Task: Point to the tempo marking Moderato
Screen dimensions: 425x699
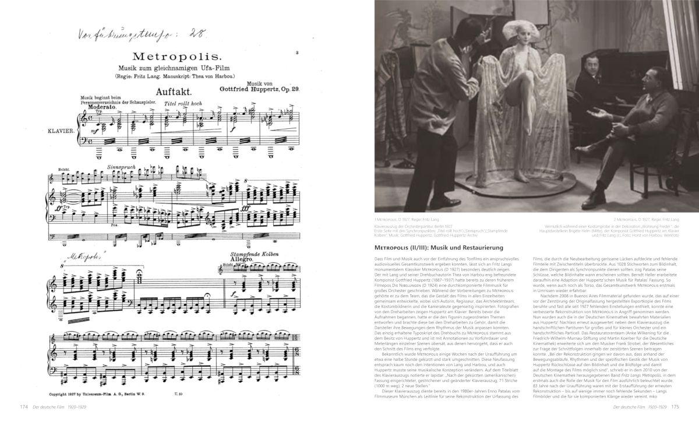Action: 100,108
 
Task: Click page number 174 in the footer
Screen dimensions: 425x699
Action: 23,407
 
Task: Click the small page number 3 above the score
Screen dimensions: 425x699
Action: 296,53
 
